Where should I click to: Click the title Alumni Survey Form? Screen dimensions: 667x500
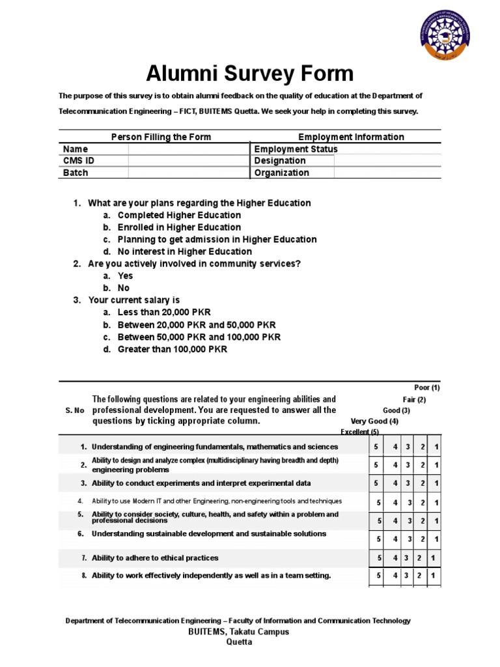(249, 73)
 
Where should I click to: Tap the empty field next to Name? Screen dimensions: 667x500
(188, 149)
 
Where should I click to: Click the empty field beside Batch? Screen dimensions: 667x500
(188, 173)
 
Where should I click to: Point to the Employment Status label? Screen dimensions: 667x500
(296, 149)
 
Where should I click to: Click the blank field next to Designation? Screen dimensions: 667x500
(387, 161)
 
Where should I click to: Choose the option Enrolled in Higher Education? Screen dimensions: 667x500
(179, 227)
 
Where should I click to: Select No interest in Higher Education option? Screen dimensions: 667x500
(184, 251)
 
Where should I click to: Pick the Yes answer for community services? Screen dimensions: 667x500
(125, 276)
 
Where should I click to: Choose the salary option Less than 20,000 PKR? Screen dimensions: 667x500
(164, 312)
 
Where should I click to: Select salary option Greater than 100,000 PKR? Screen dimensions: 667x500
(173, 349)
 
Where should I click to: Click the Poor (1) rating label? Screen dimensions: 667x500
(427, 388)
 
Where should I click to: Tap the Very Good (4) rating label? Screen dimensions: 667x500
(374, 421)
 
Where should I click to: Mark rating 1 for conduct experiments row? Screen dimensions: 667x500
(436, 483)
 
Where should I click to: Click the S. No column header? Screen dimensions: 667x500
(75, 410)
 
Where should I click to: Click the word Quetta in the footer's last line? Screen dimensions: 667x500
(238, 642)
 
